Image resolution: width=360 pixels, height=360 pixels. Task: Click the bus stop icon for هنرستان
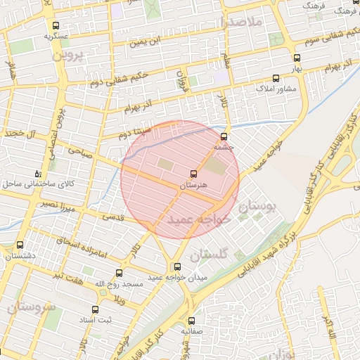193,174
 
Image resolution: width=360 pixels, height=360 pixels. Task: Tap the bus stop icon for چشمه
224,136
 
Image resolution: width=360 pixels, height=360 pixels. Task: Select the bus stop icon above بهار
297,58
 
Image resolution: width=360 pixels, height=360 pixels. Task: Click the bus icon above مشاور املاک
275,78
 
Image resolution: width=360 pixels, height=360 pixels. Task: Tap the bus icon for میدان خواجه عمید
177,266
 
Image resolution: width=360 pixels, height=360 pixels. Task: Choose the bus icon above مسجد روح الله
118,273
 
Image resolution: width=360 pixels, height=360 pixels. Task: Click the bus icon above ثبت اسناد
96,309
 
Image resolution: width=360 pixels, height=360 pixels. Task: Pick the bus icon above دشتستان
19,245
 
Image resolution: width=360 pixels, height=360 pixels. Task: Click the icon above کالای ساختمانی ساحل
38,172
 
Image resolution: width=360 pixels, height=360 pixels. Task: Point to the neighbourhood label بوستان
258,207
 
